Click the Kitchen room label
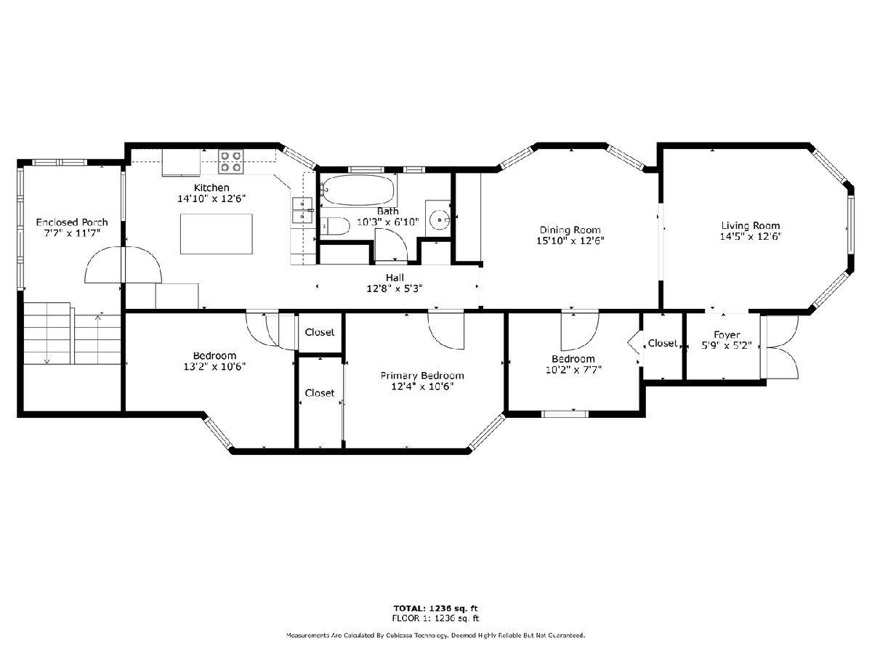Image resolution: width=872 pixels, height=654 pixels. pyautogui.click(x=211, y=187)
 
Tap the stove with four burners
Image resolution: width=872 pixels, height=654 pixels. pyautogui.click(x=231, y=161)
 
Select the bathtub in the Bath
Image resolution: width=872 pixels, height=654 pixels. pyautogui.click(x=358, y=190)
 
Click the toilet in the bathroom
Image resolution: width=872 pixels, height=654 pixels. pyautogui.click(x=335, y=226)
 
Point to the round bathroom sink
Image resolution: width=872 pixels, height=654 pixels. pyautogui.click(x=440, y=219)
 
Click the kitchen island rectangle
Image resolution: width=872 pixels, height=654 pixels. pyautogui.click(x=216, y=234)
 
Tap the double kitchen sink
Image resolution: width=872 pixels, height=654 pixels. pyautogui.click(x=303, y=210)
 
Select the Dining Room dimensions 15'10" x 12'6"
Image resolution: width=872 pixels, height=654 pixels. pyautogui.click(x=570, y=241)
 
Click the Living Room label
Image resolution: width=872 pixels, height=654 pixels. pyautogui.click(x=751, y=226)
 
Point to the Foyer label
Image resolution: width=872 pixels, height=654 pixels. pyautogui.click(x=727, y=335)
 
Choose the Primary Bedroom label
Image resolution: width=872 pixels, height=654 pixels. pyautogui.click(x=422, y=376)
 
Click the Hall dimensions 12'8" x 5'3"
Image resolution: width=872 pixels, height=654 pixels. pyautogui.click(x=395, y=288)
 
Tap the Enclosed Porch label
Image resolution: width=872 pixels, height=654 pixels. pyautogui.click(x=72, y=222)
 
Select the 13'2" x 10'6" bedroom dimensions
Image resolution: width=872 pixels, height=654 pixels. pyautogui.click(x=214, y=366)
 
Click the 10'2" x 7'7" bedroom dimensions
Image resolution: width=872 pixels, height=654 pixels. pyautogui.click(x=573, y=370)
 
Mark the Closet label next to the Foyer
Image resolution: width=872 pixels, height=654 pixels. pyautogui.click(x=663, y=343)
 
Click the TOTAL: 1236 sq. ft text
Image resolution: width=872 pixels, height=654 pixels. pyautogui.click(x=435, y=608)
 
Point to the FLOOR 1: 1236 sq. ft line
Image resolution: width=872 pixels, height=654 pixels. pyautogui.click(x=435, y=618)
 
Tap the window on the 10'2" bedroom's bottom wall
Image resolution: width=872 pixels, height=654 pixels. pyautogui.click(x=565, y=414)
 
